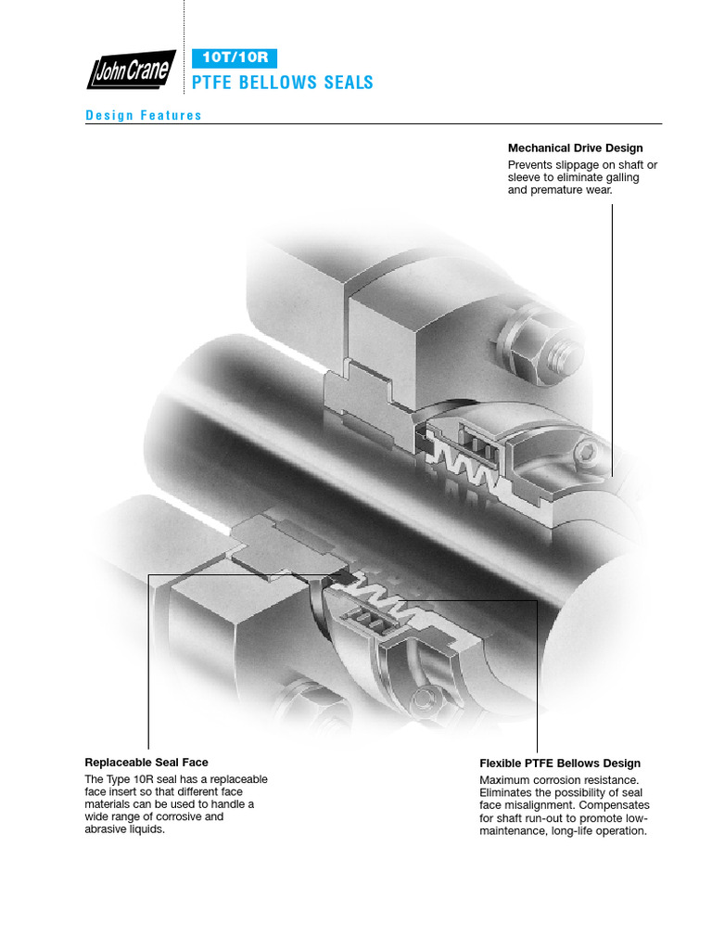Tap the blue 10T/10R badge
234,58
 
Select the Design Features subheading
144,116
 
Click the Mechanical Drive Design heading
575,148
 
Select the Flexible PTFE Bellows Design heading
560,764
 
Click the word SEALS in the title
347,83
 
